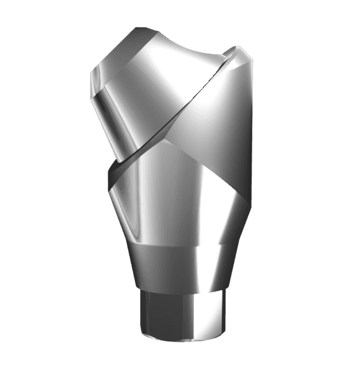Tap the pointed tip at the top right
[x=241, y=48]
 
